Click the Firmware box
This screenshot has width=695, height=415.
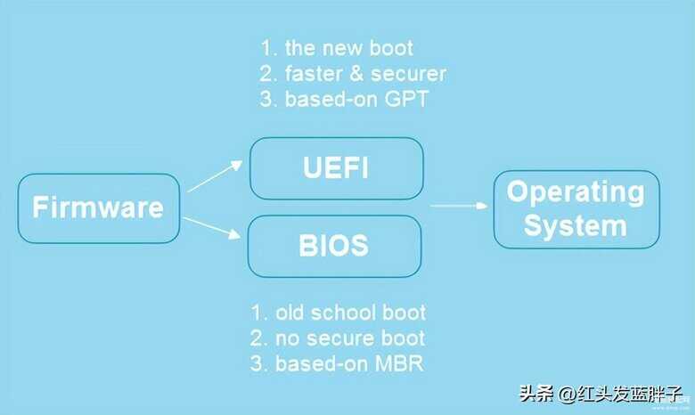tap(99, 208)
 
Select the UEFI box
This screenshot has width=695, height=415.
tap(337, 168)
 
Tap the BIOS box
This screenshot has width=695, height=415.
tap(334, 247)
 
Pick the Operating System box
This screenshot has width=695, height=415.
tap(576, 209)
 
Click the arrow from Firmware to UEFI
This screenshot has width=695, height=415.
tap(215, 176)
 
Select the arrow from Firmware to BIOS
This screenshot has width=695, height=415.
tap(212, 228)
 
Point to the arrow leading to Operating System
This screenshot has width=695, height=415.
tap(459, 206)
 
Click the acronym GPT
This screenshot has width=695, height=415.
tap(406, 99)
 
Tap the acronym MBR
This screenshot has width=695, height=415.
tap(399, 363)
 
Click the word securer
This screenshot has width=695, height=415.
tap(409, 74)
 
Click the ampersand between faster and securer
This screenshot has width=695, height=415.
tap(356, 74)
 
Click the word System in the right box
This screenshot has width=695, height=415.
tap(576, 226)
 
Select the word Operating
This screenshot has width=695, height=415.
tap(576, 192)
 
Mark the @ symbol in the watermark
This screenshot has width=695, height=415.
tap(567, 394)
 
